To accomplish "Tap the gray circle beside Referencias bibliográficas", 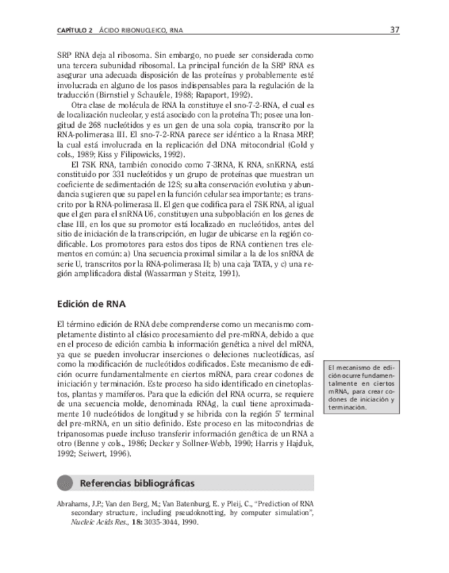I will [x=65, y=483].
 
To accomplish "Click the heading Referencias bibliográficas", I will [x=137, y=483].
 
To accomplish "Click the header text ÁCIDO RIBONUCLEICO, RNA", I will [x=140, y=31].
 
